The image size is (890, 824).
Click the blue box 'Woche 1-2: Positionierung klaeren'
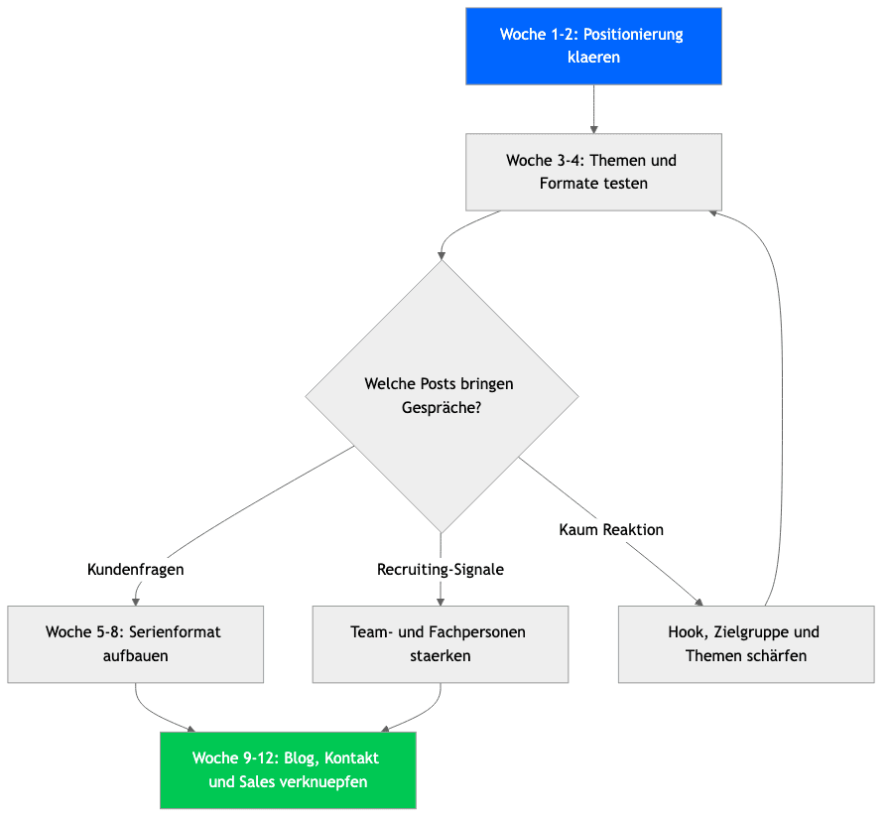click(593, 46)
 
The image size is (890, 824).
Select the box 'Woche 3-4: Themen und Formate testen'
click(593, 172)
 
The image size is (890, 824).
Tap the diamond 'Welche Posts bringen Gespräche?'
click(442, 396)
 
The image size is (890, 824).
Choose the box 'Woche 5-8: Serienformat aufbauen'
click(136, 644)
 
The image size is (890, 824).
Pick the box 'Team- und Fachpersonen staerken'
click(441, 644)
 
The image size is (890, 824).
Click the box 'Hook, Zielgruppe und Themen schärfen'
click(746, 644)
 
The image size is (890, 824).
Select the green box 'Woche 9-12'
click(289, 770)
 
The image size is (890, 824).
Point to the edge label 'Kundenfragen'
click(136, 570)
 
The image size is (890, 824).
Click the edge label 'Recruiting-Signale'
click(441, 570)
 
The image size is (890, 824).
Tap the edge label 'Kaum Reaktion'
click(611, 530)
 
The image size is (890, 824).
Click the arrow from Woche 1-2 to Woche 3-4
click(593, 109)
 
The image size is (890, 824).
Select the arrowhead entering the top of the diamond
click(441, 256)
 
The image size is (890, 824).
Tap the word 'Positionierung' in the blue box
click(633, 35)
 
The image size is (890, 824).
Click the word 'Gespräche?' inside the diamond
click(442, 408)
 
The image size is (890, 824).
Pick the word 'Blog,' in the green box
click(302, 758)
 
